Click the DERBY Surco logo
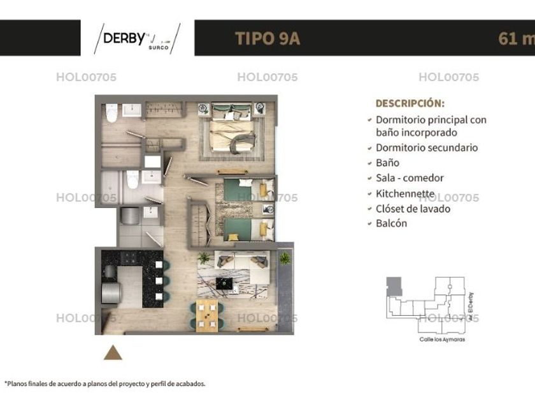click(x=137, y=39)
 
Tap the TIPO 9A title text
click(x=267, y=38)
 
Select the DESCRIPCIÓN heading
click(x=410, y=103)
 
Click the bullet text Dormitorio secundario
click(x=427, y=147)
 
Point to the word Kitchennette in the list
click(x=405, y=193)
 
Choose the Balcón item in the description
click(x=391, y=223)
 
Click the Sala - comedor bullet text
click(x=410, y=178)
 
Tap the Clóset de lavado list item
click(x=413, y=209)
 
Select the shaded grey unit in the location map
click(x=394, y=287)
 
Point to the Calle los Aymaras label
click(x=442, y=339)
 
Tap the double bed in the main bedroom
click(x=232, y=128)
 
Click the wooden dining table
click(x=207, y=316)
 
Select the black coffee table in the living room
click(x=224, y=283)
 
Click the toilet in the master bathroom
click(x=111, y=113)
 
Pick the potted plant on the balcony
click(x=285, y=258)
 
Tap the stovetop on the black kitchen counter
click(x=129, y=258)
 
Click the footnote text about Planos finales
click(x=105, y=384)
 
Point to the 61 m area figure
click(x=517, y=38)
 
